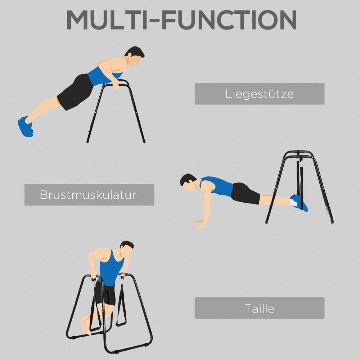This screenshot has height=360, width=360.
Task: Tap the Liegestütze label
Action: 259,94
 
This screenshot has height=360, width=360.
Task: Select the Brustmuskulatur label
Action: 89,195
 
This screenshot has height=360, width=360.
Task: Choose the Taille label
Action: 259,308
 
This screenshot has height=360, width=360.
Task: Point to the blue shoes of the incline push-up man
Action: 25,126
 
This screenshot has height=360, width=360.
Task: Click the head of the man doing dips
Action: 126,248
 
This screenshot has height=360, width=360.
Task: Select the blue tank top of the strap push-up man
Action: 216,186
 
